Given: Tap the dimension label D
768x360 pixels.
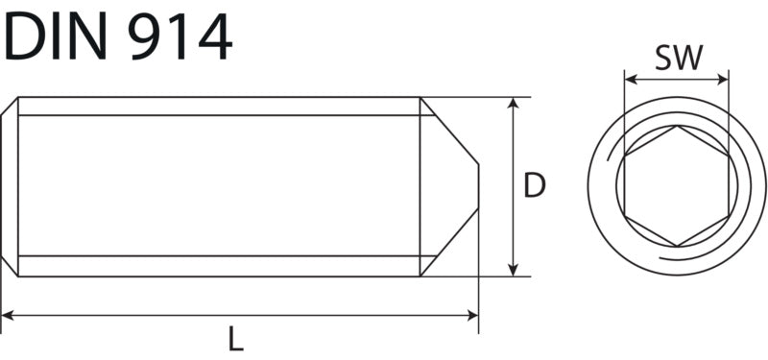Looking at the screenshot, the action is click(x=535, y=185).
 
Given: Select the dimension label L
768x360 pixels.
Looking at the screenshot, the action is click(x=235, y=339).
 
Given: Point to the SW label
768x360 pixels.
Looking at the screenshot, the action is click(x=679, y=58).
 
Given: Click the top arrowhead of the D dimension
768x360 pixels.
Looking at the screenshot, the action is click(x=513, y=103).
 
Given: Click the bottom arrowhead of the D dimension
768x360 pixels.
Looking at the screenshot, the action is click(x=513, y=271).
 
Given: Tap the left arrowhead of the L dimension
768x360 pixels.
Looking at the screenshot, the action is click(x=8, y=316).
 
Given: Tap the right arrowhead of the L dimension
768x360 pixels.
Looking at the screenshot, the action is click(x=472, y=316).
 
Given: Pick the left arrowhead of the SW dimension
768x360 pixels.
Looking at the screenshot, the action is click(x=631, y=80).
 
